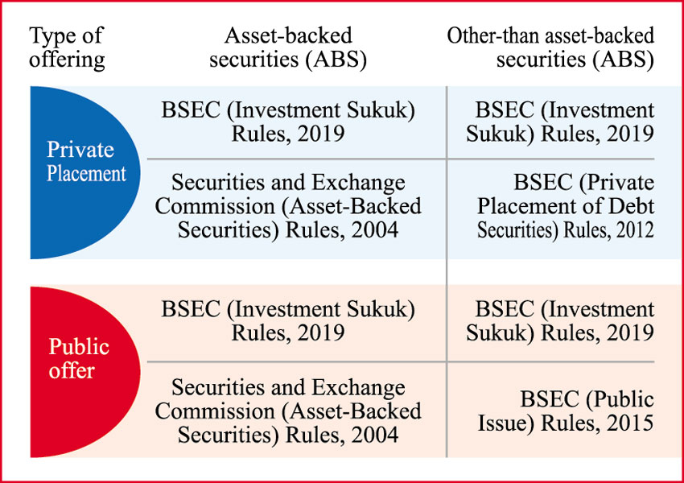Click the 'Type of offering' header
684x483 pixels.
(x=67, y=47)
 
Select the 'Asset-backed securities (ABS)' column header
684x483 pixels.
(x=288, y=47)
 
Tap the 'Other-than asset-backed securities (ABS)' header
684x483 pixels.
(x=550, y=47)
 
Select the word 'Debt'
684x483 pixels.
(x=628, y=207)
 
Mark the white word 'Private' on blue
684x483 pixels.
(x=80, y=151)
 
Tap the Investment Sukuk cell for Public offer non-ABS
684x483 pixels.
(x=560, y=320)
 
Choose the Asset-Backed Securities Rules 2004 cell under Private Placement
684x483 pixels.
(x=288, y=207)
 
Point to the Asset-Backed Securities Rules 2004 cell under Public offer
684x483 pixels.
(x=288, y=411)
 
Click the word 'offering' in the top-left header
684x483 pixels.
(x=67, y=60)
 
